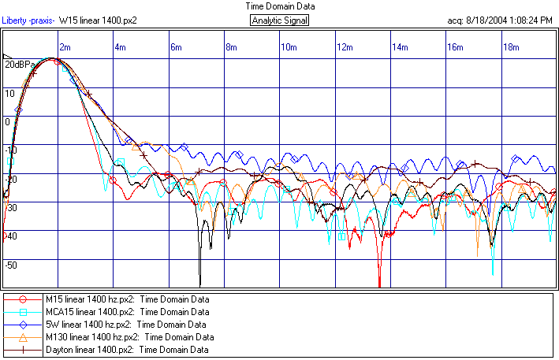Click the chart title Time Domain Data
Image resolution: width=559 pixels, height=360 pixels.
[279, 6]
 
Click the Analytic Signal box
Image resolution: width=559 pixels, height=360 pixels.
[279, 20]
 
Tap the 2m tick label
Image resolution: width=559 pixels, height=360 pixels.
[65, 48]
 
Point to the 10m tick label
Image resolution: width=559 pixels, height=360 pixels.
[289, 48]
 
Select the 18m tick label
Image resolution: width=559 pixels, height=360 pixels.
[511, 48]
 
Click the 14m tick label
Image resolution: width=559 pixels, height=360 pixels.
[400, 48]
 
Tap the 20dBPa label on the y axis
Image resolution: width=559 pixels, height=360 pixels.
[19, 65]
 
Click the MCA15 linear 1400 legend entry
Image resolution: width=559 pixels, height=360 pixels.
[122, 312]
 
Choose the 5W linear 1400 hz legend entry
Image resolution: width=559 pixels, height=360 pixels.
[126, 324]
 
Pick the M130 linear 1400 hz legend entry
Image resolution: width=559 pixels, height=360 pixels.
[129, 336]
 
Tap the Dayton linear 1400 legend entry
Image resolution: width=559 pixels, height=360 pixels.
[127, 349]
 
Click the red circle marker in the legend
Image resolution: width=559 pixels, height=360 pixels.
[23, 299]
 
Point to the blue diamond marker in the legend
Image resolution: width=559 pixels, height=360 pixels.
[23, 324]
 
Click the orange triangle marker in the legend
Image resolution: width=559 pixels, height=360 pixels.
[23, 336]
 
